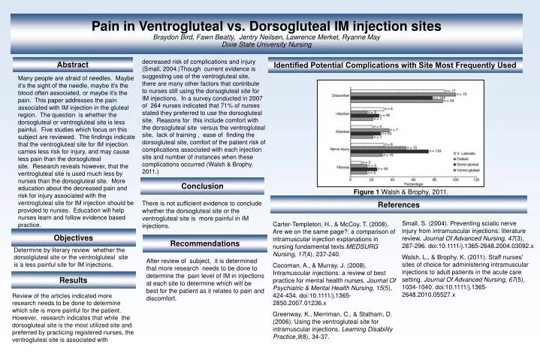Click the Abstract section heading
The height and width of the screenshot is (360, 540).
[73, 65]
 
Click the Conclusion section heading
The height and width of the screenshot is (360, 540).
[203, 186]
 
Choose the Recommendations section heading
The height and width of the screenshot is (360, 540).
[203, 244]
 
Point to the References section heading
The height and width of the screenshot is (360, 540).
[399, 204]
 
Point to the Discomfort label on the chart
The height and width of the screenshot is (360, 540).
[340, 95]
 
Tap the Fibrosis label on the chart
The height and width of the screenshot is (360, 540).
[342, 168]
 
